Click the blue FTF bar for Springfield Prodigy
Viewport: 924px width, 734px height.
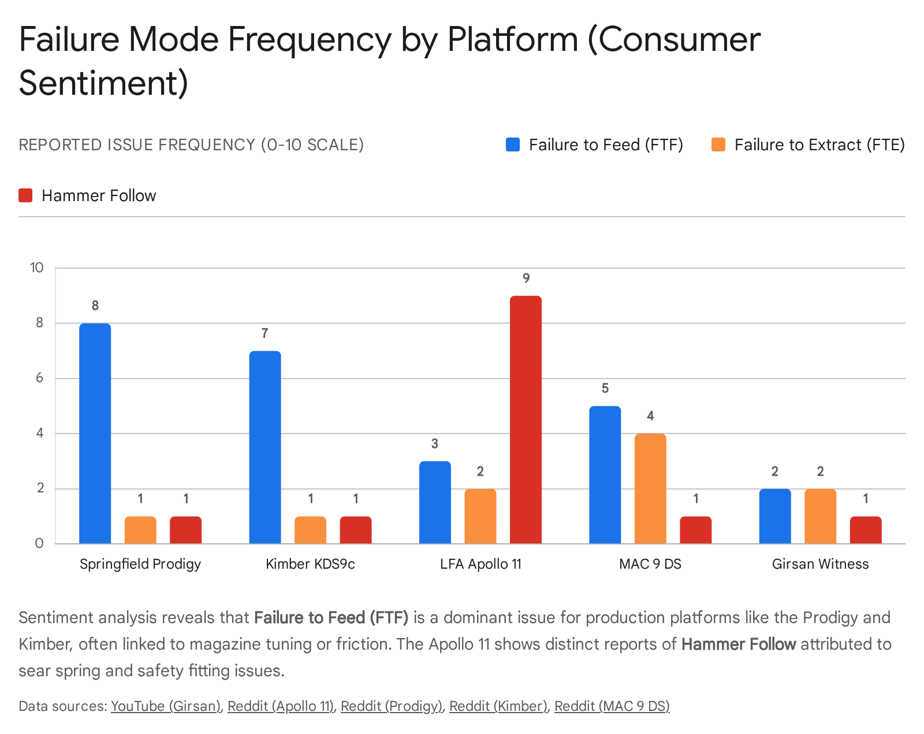(95, 433)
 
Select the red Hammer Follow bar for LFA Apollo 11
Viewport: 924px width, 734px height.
(526, 420)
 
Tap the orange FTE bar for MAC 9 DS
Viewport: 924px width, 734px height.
(650, 488)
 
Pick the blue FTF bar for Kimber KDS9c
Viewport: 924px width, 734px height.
(265, 447)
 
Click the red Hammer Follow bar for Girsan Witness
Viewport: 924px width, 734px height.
(866, 530)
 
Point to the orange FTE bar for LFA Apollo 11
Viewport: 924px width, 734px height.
(480, 516)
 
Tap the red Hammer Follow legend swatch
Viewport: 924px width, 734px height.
(25, 195)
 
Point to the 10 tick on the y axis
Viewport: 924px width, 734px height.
(37, 268)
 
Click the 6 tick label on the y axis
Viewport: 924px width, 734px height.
(39, 378)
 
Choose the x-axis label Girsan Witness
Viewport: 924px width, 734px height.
(820, 564)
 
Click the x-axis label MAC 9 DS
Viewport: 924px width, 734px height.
(650, 564)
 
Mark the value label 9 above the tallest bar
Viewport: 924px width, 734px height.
(526, 279)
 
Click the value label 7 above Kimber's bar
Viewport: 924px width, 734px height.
(265, 333)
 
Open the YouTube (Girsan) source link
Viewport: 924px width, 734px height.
(166, 706)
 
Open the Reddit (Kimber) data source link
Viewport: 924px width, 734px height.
(498, 706)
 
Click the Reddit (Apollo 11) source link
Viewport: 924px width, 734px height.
(281, 706)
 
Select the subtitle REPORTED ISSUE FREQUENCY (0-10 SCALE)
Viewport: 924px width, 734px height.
(191, 144)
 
